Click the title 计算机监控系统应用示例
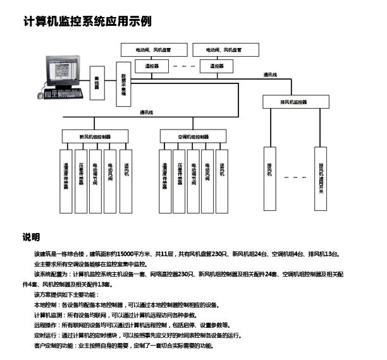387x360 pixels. click(87, 21)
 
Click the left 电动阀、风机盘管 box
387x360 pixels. click(152, 49)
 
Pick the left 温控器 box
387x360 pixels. click(152, 65)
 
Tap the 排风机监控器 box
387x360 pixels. click(293, 101)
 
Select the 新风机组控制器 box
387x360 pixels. click(95, 136)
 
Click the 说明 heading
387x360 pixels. click(32, 237)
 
